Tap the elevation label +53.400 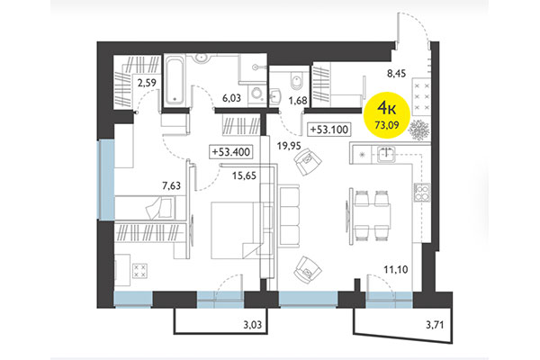coord(230,152)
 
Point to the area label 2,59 coord(146,85)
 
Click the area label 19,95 coord(289,144)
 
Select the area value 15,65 coord(245,176)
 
